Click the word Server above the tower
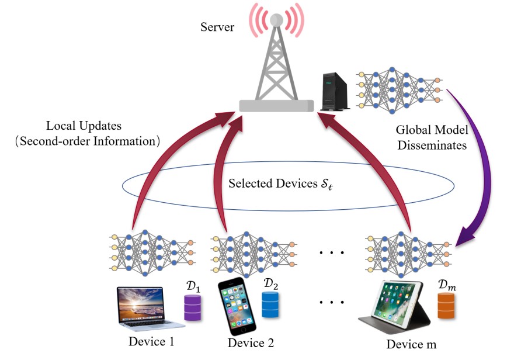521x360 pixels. click(217, 26)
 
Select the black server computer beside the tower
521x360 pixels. click(336, 91)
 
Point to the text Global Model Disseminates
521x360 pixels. click(432, 138)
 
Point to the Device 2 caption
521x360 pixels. click(251, 342)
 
